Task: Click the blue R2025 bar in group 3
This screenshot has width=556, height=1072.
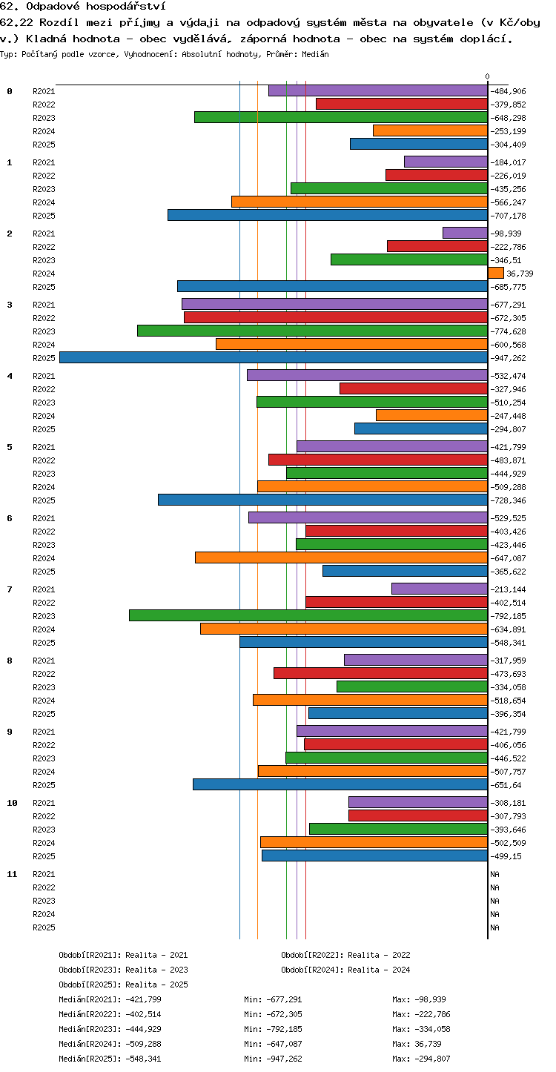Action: pyautogui.click(x=274, y=357)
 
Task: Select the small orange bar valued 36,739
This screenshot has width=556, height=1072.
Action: pyautogui.click(x=496, y=273)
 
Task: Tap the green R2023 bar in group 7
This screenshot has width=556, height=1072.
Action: pyautogui.click(x=308, y=615)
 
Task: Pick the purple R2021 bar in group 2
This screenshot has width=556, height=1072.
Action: pyautogui.click(x=465, y=233)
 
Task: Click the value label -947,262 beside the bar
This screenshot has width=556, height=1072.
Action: pyautogui.click(x=508, y=358)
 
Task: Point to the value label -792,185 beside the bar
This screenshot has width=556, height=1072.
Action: pyautogui.click(x=508, y=616)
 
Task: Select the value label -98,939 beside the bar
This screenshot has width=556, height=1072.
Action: pyautogui.click(x=506, y=234)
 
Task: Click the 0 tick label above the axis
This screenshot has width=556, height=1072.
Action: pyautogui.click(x=487, y=76)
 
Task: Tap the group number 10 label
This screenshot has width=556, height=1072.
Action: pyautogui.click(x=12, y=803)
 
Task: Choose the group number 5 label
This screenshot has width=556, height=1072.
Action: pyautogui.click(x=10, y=447)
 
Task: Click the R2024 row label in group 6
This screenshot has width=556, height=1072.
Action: pyautogui.click(x=44, y=558)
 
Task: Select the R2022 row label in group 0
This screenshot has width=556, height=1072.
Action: pyautogui.click(x=44, y=105)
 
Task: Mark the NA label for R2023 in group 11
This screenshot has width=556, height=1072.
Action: pyautogui.click(x=494, y=901)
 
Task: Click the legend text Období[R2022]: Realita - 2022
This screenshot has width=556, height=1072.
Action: pyautogui.click(x=345, y=955)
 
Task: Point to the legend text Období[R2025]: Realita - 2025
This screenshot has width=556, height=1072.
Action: pyautogui.click(x=123, y=985)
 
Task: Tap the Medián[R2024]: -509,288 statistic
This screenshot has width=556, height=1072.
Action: pyautogui.click(x=110, y=1044)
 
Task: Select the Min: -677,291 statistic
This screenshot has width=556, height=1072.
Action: pyautogui.click(x=273, y=999)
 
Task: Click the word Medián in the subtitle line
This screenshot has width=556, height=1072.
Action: pyautogui.click(x=315, y=54)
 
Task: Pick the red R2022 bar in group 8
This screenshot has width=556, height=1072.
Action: pyautogui.click(x=381, y=673)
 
